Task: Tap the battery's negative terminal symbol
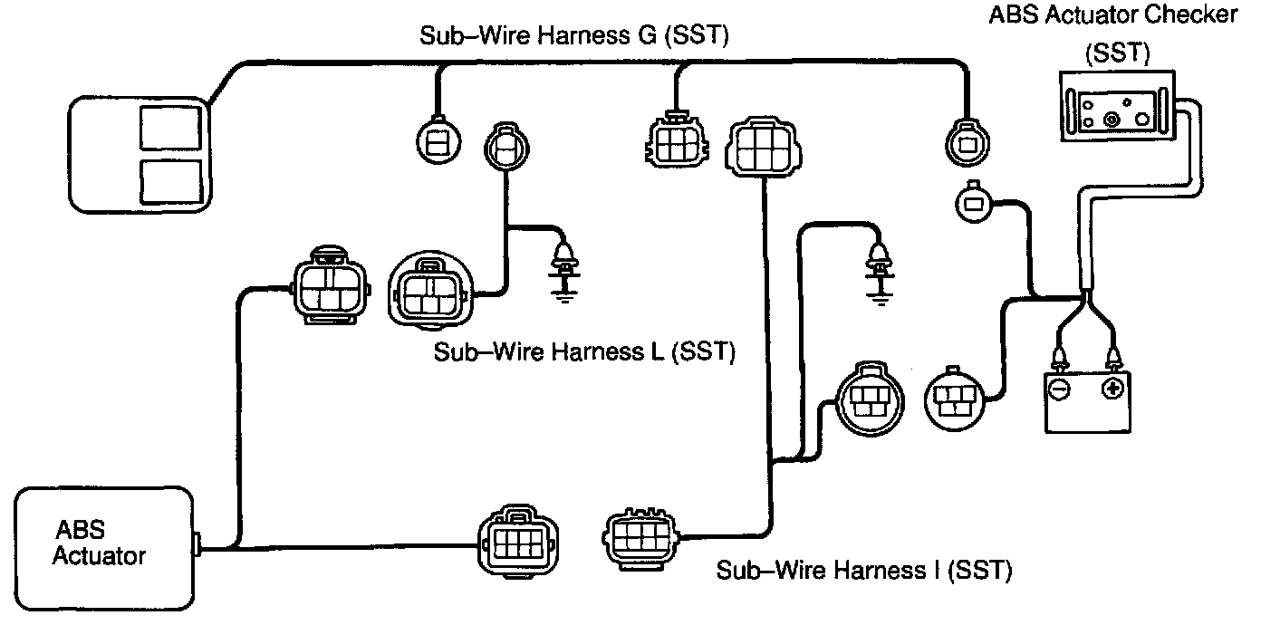(x=1058, y=389)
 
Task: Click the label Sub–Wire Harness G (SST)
(x=575, y=35)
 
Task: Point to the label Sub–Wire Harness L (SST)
(x=583, y=351)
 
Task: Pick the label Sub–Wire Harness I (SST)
(x=863, y=571)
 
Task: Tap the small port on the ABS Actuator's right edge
(x=197, y=546)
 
